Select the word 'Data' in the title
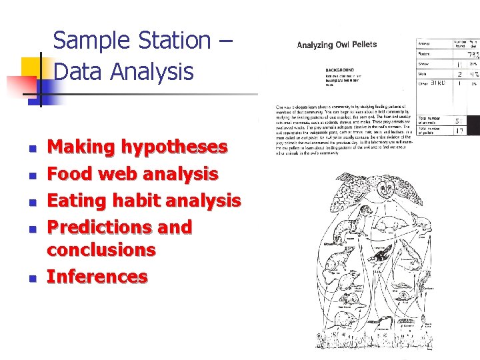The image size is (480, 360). point(78,71)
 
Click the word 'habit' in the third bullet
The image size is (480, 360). point(129,201)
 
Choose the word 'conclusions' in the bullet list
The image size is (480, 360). point(101,250)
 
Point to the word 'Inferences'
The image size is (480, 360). point(97,277)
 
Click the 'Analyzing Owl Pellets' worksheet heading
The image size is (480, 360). point(337,45)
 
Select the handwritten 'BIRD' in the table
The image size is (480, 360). point(437,83)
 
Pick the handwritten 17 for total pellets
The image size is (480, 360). point(459,131)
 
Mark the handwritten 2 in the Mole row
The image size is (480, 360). point(459,75)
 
